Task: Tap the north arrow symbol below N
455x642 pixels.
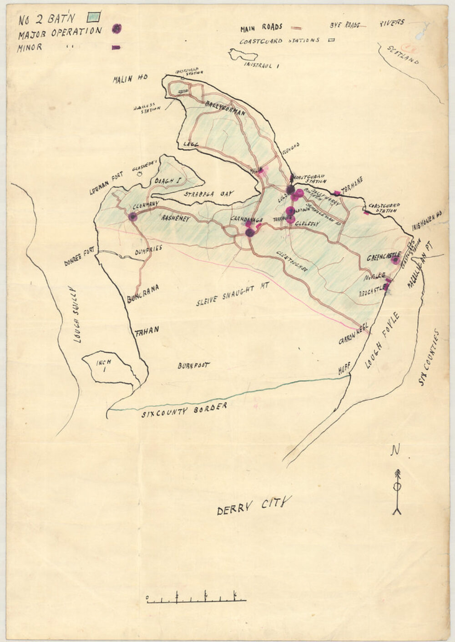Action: (397, 491)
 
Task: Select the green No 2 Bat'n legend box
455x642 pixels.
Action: (95, 17)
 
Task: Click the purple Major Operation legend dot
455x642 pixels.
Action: (117, 29)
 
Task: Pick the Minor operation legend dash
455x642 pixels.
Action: (116, 47)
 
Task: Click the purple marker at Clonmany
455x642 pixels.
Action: (132, 217)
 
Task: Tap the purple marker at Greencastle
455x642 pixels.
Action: (395, 260)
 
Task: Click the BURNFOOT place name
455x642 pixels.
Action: (193, 365)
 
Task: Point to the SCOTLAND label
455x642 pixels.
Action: (402, 55)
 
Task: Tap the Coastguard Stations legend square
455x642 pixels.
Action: (331, 40)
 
